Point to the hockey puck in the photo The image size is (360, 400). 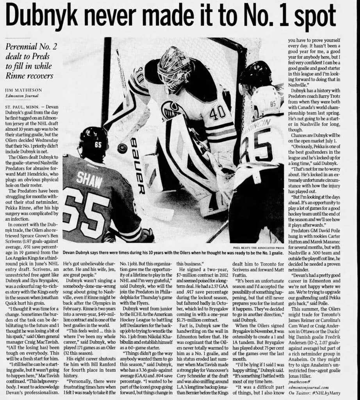pyautogui.click(x=123, y=148)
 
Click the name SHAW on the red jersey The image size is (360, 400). pyautogui.click(x=89, y=179)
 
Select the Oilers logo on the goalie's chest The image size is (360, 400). pyautogui.click(x=172, y=111)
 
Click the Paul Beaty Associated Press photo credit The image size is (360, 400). pyautogui.click(x=258, y=247)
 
